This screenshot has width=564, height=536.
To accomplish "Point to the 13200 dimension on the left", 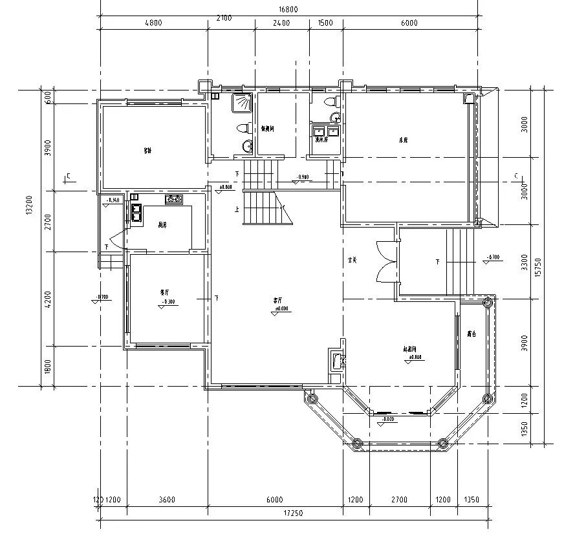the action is [30, 208].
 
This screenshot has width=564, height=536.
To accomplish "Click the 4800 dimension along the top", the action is [153, 23].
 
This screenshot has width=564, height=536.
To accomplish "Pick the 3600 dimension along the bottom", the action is [167, 500].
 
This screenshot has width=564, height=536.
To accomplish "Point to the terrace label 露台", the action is [472, 334].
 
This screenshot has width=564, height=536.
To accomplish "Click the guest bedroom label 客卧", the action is [147, 151].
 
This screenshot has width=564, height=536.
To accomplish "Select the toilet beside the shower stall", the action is [243, 127].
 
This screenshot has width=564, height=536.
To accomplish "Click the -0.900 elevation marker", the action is [302, 177].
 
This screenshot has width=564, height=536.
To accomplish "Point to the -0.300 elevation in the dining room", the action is [168, 302].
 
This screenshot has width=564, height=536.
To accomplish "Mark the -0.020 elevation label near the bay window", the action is [389, 420].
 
